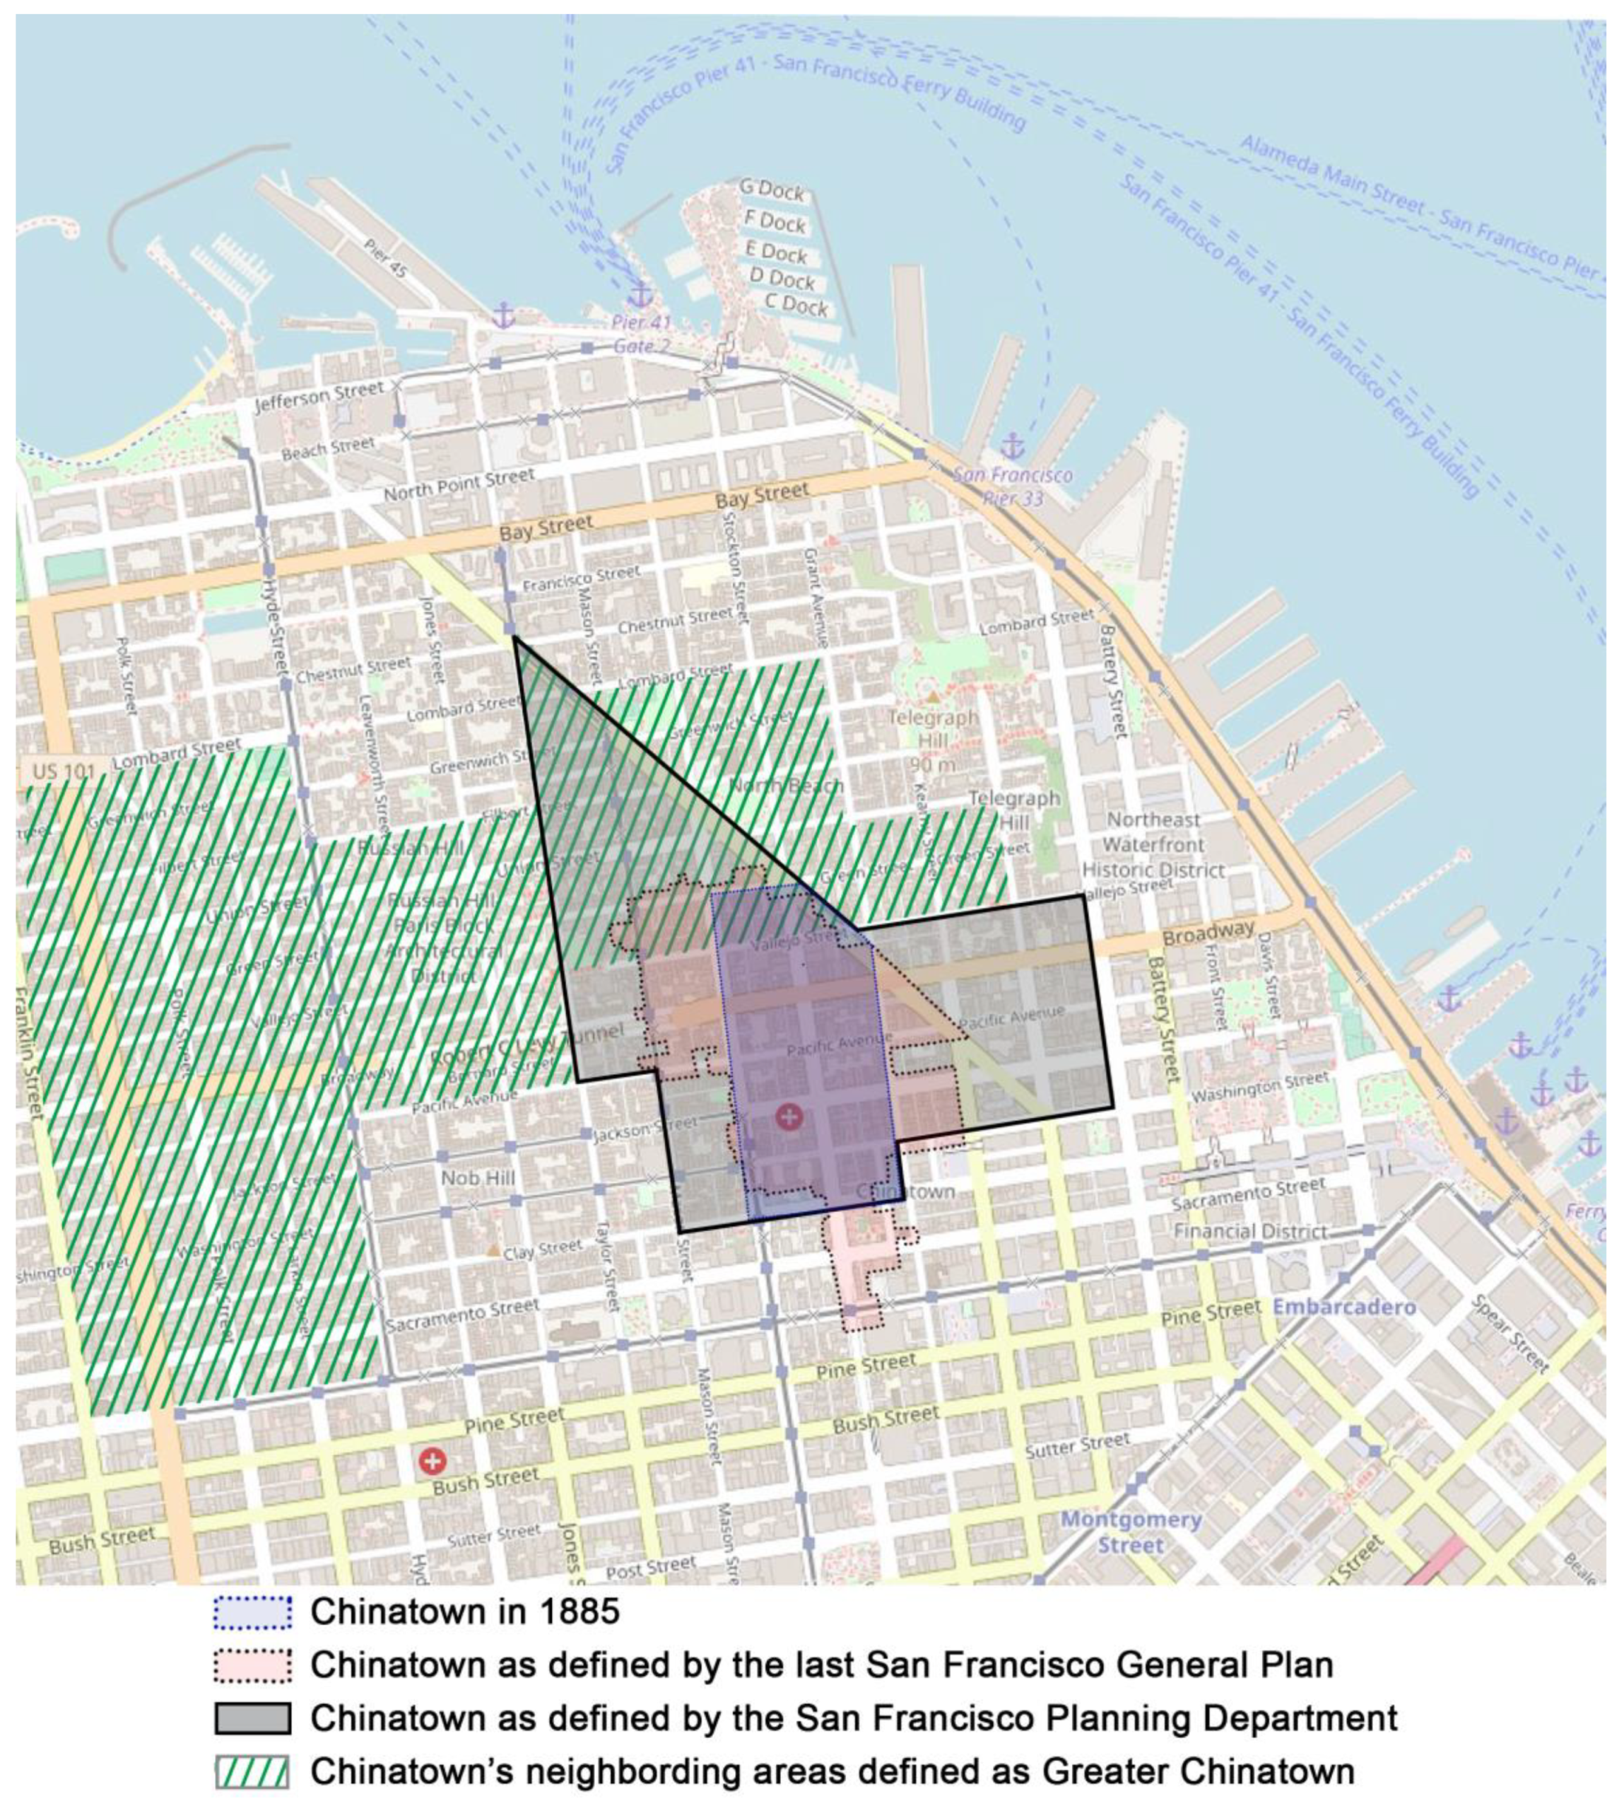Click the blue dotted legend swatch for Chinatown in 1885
[x=252, y=1612]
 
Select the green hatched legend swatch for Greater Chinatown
[x=252, y=1771]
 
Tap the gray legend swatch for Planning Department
[x=252, y=1718]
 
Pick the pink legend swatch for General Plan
[x=252, y=1666]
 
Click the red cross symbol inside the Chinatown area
[x=789, y=1116]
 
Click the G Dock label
[x=772, y=190]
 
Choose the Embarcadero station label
[x=1344, y=1307]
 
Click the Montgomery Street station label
[x=1131, y=1532]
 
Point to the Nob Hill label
[x=478, y=1178]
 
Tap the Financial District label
[x=1250, y=1231]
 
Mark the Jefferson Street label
[x=319, y=397]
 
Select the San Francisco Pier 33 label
[x=1013, y=487]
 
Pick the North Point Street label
[x=459, y=485]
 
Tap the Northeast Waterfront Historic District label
[x=1153, y=844]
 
